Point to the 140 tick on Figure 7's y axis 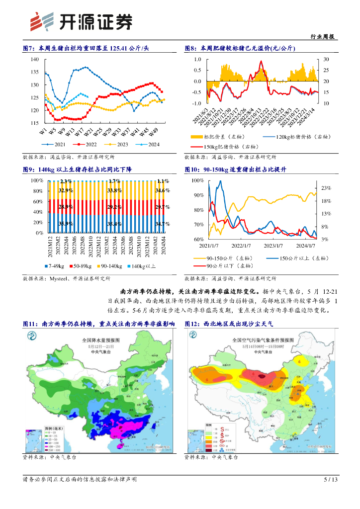34,59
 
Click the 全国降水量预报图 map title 99,340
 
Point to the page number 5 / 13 331,480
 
